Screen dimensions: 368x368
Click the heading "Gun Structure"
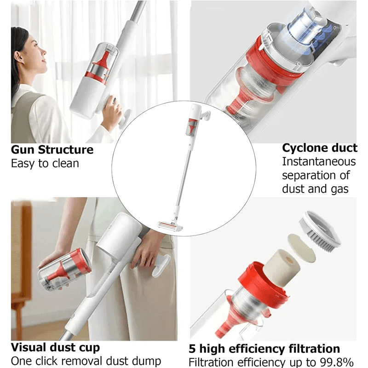[52, 149]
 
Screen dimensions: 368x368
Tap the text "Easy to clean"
[45, 163]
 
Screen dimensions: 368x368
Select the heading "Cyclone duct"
[319, 148]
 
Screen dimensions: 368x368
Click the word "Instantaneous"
[319, 162]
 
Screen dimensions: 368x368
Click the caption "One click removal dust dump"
[86, 361]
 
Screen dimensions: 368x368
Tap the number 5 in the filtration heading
[193, 349]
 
